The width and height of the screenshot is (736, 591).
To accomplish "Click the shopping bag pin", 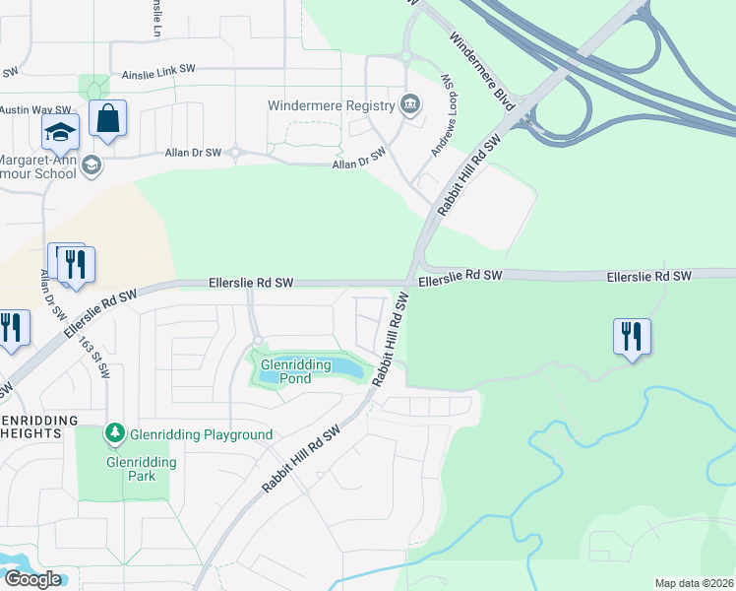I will coord(108,119).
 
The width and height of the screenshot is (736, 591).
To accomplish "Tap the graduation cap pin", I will coord(60,132).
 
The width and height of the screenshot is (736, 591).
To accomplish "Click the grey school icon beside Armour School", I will coord(92,164).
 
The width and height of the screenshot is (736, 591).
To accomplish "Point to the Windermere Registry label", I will coord(331,104).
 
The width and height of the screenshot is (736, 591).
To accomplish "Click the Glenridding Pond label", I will coord(286,371).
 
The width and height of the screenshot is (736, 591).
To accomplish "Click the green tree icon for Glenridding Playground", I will coord(115,433).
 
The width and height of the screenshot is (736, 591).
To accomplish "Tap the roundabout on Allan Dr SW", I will coord(236,153).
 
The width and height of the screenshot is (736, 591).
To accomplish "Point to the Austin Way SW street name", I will coord(35,110).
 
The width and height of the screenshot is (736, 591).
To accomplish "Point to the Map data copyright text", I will coord(694,583).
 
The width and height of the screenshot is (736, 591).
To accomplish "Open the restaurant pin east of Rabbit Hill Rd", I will coord(631,336).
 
